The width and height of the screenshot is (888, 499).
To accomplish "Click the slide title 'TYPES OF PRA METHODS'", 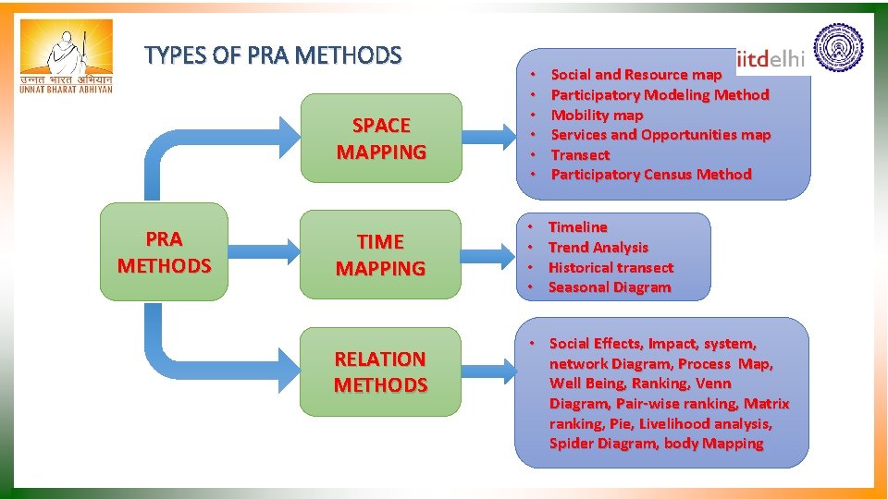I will click(273, 56).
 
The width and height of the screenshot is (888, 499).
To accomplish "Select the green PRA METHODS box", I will click(164, 252).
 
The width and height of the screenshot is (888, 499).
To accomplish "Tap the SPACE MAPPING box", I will click(381, 139).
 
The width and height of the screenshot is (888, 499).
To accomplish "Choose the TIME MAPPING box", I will click(380, 255).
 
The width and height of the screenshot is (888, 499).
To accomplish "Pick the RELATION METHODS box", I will click(380, 371).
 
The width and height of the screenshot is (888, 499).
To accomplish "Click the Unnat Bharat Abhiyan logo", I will click(67, 57).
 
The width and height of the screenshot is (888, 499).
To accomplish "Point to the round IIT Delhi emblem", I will click(837, 50).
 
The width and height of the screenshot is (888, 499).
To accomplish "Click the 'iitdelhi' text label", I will click(771, 60).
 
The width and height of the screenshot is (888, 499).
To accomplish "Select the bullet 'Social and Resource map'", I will click(635, 75).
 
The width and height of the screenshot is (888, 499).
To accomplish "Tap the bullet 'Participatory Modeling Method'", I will click(660, 94).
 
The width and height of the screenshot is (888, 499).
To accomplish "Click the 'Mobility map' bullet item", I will click(597, 115).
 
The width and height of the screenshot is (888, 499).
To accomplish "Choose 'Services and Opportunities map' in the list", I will click(660, 135).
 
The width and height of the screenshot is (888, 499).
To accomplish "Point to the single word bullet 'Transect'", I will click(580, 155).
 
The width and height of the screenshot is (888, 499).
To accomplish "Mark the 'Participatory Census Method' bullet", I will click(651, 175).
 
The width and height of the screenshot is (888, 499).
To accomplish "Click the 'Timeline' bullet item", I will click(578, 227).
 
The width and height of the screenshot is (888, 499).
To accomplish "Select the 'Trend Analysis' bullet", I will click(598, 248).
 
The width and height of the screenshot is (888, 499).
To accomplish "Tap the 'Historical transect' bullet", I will click(610, 268).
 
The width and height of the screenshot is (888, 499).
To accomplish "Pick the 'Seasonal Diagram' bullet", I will click(610, 287).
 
